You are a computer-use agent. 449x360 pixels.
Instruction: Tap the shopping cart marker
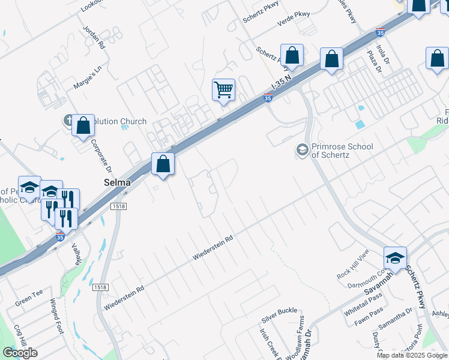pos(223,90)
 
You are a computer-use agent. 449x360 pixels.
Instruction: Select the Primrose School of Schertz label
pos(342,150)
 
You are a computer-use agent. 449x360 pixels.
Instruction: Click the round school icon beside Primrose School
pos(303,149)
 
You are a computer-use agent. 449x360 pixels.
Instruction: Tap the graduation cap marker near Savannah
pos(396,257)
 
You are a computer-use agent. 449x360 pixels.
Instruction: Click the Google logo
pos(20,353)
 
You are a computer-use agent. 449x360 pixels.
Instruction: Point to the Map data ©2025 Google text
pos(412,355)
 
